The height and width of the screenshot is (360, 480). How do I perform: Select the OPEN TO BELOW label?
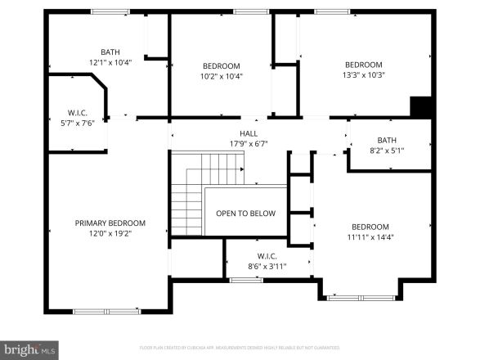[245, 214]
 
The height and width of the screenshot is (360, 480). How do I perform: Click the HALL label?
[249, 133]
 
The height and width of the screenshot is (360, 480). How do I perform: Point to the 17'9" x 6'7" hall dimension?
[249, 143]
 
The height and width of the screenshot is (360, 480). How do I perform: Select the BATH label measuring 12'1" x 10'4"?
[110, 52]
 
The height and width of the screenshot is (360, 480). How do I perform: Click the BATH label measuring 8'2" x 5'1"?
[387, 140]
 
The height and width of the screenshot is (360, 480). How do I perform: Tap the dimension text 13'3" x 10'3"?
[364, 75]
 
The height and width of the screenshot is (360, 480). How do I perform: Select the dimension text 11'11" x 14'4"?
[370, 237]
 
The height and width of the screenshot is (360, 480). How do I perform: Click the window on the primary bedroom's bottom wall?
[106, 311]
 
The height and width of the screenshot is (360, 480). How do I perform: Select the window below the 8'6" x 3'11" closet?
[245, 280]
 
